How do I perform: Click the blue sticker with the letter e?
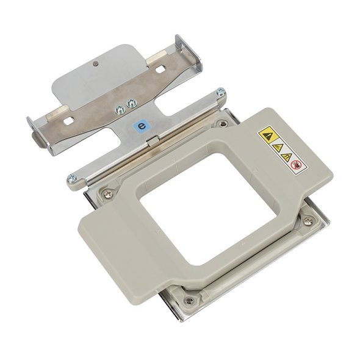[142, 126]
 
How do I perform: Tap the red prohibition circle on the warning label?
[296, 164]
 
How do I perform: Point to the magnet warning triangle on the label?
[287, 157]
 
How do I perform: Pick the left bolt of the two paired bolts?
[120, 110]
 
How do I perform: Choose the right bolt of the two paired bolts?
[132, 103]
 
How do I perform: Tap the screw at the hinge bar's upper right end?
[221, 92]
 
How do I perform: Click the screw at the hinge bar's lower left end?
[71, 178]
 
